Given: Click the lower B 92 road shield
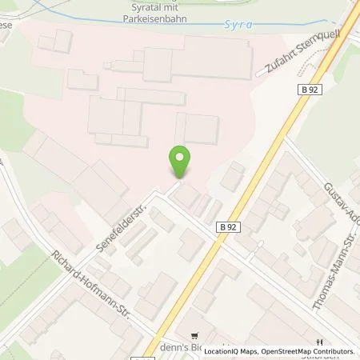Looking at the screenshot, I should [x=228, y=227].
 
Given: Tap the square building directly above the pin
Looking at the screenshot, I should [x=198, y=128].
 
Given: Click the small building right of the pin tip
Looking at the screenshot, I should [x=190, y=193].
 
